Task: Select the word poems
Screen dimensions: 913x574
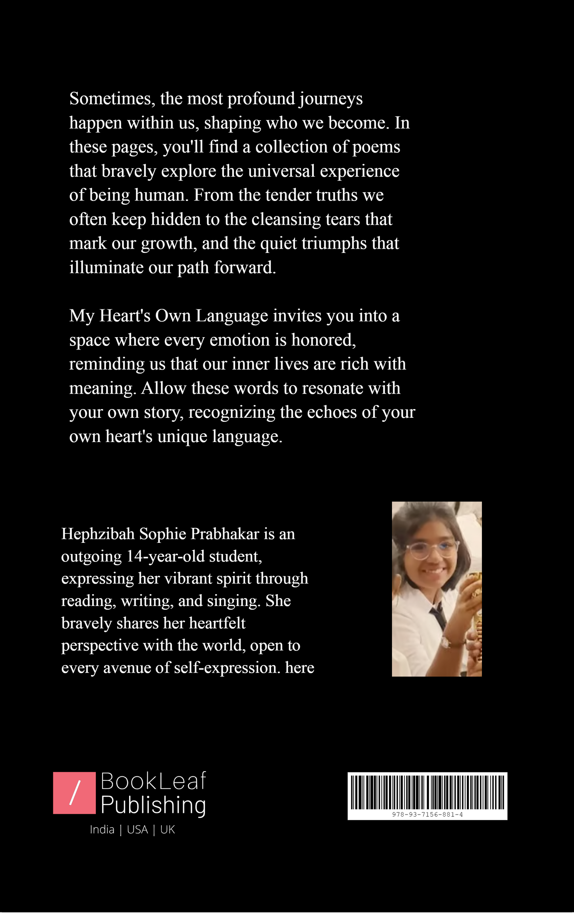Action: [x=376, y=147]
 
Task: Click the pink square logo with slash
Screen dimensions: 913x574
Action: [x=74, y=793]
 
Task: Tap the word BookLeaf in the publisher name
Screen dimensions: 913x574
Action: [x=153, y=781]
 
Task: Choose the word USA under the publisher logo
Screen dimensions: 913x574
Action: [x=137, y=830]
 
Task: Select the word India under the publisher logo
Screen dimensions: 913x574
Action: [x=102, y=830]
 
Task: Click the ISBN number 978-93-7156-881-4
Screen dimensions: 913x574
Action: [x=427, y=814]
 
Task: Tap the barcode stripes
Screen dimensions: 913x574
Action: [x=427, y=792]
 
